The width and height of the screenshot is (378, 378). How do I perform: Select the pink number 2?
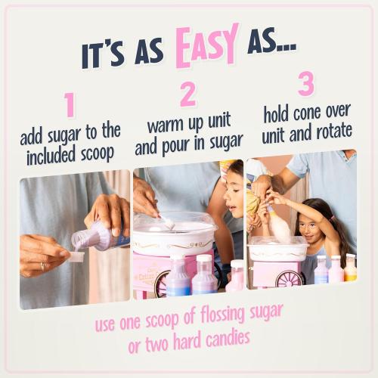188,95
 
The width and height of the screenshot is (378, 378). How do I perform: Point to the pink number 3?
306,83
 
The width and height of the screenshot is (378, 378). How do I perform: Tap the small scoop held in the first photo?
76,256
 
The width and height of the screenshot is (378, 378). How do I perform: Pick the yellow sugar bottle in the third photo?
350,268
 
